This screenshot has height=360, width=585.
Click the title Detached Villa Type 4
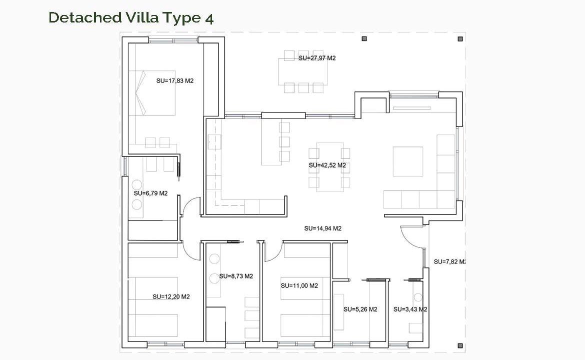[x=131, y=18]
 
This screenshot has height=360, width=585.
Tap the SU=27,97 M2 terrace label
[x=317, y=58]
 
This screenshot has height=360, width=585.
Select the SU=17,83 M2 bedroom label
[x=175, y=80]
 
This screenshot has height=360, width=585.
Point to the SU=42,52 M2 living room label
[x=327, y=165]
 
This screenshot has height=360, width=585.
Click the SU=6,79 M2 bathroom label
[x=150, y=193]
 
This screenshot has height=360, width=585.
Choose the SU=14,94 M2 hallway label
[x=322, y=228]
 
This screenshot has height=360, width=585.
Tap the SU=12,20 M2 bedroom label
[x=171, y=296]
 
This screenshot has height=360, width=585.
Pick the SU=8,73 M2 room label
[x=236, y=276]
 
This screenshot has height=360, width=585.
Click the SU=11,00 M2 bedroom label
[x=299, y=286]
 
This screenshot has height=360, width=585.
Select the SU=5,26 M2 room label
[x=360, y=309]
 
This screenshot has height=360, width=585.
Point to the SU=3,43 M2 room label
[x=410, y=309]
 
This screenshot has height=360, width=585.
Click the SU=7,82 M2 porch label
[x=450, y=262]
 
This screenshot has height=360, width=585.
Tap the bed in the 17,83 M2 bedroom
[x=152, y=92]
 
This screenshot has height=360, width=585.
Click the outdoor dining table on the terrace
[x=303, y=71]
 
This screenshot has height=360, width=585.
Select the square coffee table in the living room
[x=408, y=161]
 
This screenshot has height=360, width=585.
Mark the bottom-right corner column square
[x=460, y=346]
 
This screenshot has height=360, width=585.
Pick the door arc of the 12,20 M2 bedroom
[x=191, y=252]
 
